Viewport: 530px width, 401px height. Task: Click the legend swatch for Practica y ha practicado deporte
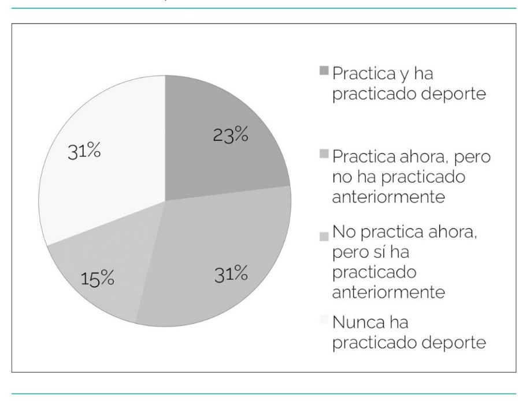[x=323, y=72]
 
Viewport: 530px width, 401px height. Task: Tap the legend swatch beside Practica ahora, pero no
[x=323, y=155]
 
